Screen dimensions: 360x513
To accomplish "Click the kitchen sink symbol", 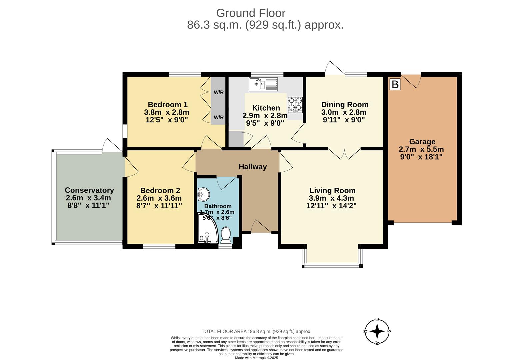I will tap(263, 84).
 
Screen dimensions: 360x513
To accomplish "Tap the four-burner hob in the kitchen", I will tap(295, 104).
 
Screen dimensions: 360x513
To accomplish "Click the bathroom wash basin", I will tap(203, 195).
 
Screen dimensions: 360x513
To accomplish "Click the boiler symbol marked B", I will tap(395, 84).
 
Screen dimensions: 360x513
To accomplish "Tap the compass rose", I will tap(377, 331).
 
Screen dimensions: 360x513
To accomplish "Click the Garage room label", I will tap(422, 142).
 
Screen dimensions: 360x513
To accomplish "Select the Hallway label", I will tap(253, 167).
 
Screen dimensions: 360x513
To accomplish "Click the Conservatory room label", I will tap(89, 190).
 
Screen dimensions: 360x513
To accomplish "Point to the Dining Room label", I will tap(345, 105).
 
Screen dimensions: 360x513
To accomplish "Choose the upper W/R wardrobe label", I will tap(219, 92).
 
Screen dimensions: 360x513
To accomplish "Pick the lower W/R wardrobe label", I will tap(219, 117).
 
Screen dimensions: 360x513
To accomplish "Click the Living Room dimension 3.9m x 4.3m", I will tap(331, 198).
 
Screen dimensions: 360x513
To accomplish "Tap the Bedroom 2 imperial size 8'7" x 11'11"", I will tap(159, 206).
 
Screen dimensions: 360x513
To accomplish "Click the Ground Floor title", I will tap(251, 13).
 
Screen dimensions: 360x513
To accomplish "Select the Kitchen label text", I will tap(266, 108).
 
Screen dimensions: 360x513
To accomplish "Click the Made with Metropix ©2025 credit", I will tap(256, 358).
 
